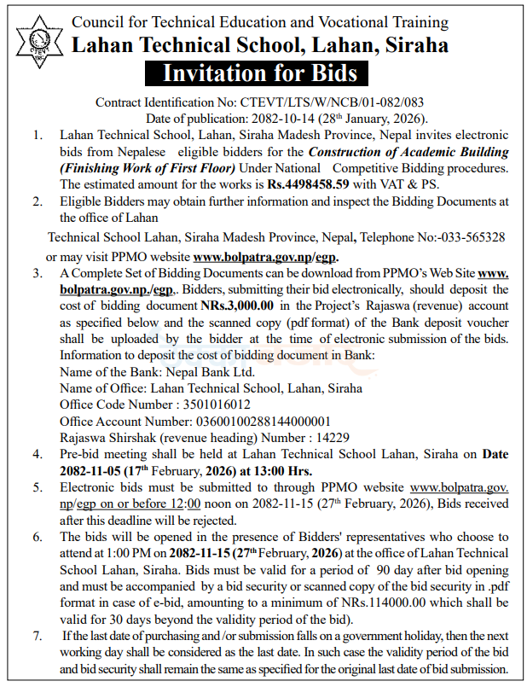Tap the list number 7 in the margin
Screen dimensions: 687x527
tap(35, 636)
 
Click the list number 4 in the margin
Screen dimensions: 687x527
tap(35, 454)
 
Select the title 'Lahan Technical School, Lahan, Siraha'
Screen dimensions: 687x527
tap(260, 44)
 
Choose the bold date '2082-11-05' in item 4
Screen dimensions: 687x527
tap(90, 470)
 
